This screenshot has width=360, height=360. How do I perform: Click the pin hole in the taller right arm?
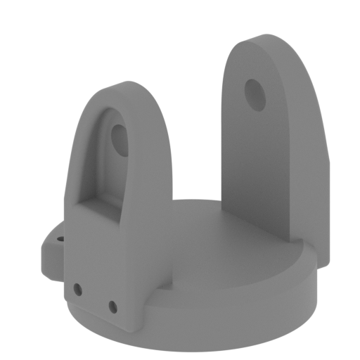[254, 94]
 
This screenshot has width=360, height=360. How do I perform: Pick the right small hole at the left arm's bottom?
[112, 306]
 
